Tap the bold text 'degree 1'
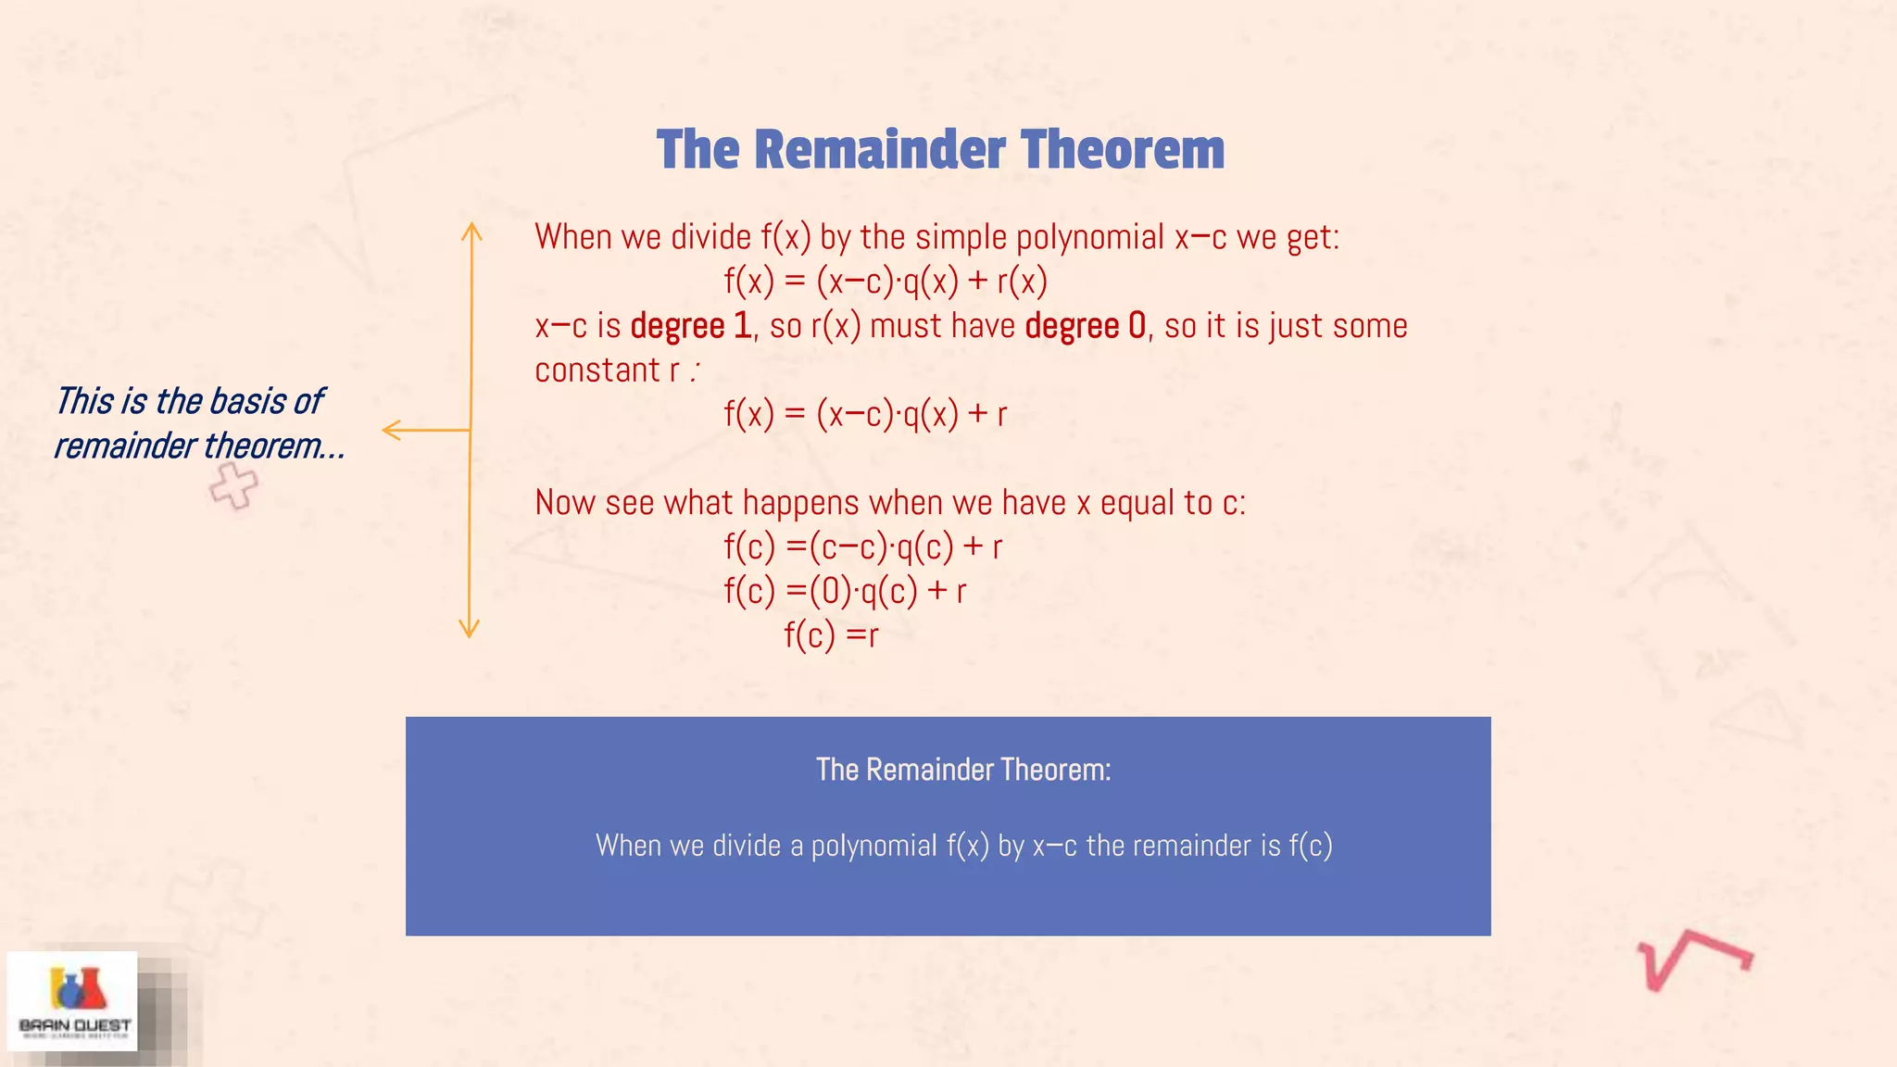click(x=690, y=326)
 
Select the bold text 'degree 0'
click(x=1086, y=326)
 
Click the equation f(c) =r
click(x=831, y=635)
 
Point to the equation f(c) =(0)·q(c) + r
click(x=845, y=591)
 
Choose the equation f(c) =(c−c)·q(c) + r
click(x=862, y=547)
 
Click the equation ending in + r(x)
click(x=886, y=281)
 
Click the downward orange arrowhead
click(x=470, y=630)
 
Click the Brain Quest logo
click(x=73, y=1001)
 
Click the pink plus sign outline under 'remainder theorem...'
click(x=233, y=485)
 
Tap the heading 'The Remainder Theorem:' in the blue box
click(x=963, y=770)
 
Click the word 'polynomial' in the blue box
click(x=873, y=846)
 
